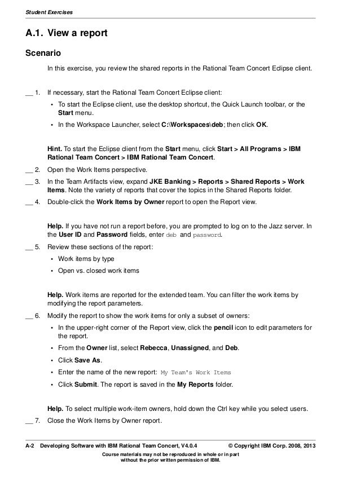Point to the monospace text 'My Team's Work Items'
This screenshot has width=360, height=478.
[196, 373]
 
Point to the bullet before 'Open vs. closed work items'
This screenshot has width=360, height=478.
[52, 271]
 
